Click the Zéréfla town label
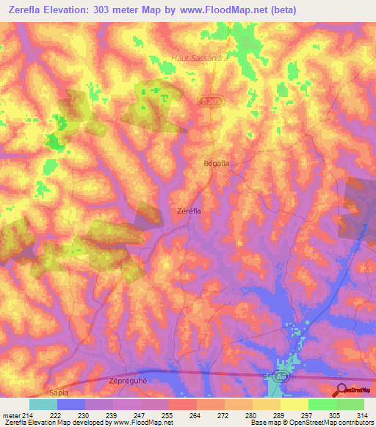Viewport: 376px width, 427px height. click(189, 210)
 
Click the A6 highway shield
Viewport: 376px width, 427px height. click(280, 376)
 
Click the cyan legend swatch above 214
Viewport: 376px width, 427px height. click(43, 404)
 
